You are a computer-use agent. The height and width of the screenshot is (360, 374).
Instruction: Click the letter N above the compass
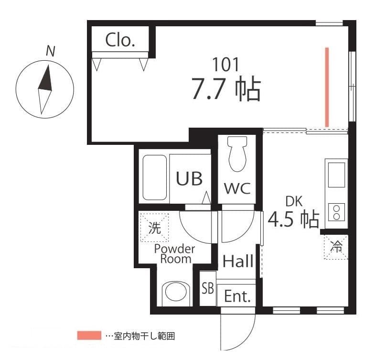click(x=50, y=51)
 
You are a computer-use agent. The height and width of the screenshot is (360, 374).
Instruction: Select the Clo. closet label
click(x=120, y=40)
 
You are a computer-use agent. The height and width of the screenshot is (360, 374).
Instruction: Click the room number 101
click(x=225, y=65)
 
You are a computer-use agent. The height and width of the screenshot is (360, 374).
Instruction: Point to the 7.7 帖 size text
click(x=225, y=89)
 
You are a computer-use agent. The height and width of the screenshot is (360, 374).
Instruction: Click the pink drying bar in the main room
click(x=327, y=87)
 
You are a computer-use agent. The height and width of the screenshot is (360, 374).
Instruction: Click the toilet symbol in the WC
click(x=237, y=154)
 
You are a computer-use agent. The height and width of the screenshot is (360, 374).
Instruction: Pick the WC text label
click(x=237, y=188)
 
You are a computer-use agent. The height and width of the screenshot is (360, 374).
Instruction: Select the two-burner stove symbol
click(x=337, y=212)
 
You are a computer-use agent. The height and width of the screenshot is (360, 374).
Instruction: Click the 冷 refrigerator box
click(x=336, y=247)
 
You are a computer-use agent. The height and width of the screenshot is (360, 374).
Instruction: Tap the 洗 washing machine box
click(x=154, y=228)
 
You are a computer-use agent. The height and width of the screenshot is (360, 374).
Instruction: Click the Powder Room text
click(x=175, y=254)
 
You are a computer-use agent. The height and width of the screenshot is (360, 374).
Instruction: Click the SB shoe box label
click(x=207, y=288)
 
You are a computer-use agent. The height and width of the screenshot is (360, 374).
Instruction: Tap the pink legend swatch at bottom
click(x=89, y=336)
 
